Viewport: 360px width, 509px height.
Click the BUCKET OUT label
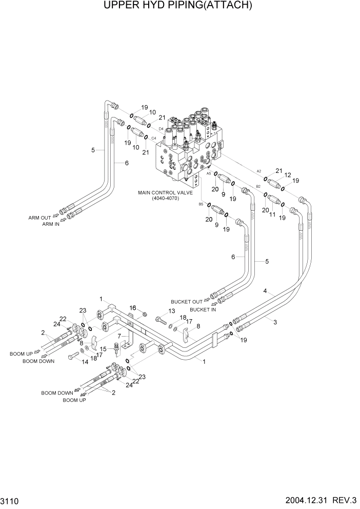click(x=187, y=302)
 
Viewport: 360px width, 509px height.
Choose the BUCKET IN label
click(x=203, y=310)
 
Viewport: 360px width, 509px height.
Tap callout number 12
click(x=288, y=175)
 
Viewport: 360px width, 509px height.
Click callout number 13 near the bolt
click(x=171, y=311)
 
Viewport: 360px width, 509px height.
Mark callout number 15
click(x=103, y=349)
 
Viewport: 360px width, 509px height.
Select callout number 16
click(x=131, y=307)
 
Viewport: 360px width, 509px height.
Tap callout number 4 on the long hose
click(x=265, y=291)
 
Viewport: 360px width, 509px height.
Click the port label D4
click(x=161, y=129)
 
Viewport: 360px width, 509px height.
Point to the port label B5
click(x=201, y=204)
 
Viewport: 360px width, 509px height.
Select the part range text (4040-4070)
click(x=165, y=199)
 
